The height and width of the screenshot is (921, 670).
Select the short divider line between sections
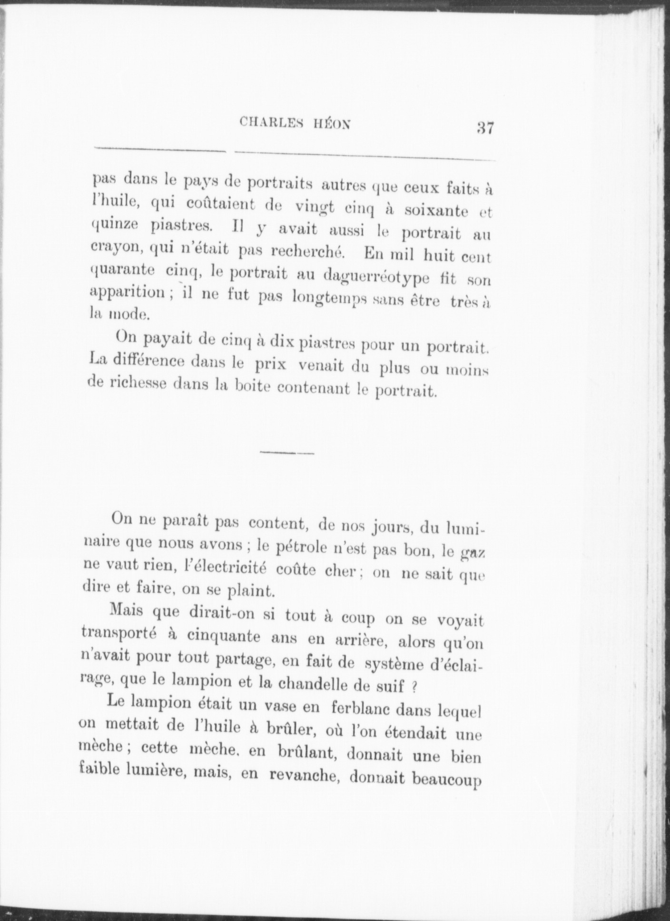tap(287, 453)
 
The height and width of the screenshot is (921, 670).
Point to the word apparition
tap(127, 292)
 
